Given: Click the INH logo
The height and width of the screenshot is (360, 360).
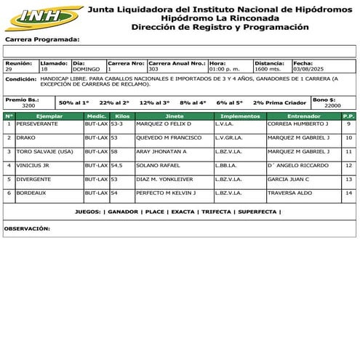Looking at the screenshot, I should (x=42, y=17).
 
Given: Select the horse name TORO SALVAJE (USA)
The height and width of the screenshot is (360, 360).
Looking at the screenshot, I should (x=44, y=151).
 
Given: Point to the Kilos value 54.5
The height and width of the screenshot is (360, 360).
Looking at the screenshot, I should (x=116, y=165).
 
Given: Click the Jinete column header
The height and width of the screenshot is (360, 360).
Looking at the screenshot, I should (x=175, y=116).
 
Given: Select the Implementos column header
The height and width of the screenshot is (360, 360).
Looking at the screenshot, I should (x=240, y=116).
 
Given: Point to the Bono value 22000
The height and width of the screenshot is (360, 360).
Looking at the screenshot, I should (x=332, y=105).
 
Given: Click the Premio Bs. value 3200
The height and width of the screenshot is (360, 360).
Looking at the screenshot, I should (x=28, y=105).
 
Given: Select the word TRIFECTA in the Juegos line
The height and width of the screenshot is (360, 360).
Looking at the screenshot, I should (x=216, y=212).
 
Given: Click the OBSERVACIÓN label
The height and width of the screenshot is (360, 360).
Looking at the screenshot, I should (x=27, y=228).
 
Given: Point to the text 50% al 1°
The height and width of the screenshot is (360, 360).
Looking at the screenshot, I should (x=74, y=103).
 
